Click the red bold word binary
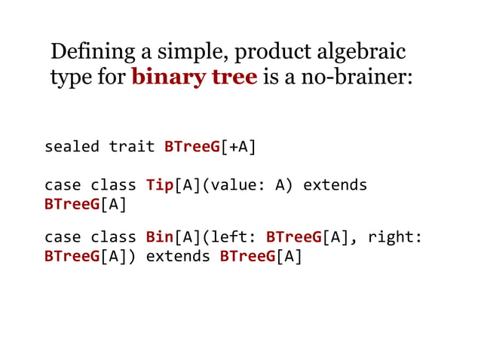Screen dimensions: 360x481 click(167, 78)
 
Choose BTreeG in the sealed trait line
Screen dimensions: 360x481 click(191, 146)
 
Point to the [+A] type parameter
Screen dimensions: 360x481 click(238, 146)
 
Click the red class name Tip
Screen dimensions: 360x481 click(159, 185)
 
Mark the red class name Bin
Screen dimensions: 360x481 click(159, 238)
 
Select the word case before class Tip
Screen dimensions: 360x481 click(63, 185)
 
